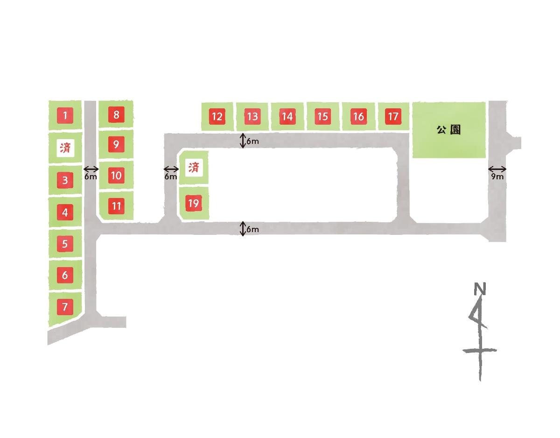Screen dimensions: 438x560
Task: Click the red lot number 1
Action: point(65,115)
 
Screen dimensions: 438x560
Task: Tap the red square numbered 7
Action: point(65,307)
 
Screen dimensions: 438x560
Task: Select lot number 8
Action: point(116,114)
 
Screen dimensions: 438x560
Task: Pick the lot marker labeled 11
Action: point(116,206)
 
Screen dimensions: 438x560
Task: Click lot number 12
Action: point(217,116)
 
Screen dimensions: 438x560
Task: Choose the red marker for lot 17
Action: point(393,116)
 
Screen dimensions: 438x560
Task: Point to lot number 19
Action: point(194,203)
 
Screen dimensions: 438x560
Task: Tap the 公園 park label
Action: point(448,130)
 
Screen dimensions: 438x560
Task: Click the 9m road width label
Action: point(497,177)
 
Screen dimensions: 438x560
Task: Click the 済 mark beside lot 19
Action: point(193,167)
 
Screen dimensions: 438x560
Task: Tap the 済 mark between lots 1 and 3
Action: point(65,148)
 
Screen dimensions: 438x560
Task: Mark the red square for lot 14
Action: point(287,116)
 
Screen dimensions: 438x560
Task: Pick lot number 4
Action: point(65,212)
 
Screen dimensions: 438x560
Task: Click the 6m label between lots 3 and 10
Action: point(91,177)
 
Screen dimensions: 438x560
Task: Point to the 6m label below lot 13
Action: point(252,141)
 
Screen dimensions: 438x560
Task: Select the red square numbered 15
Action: point(322,116)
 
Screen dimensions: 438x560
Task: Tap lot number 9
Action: point(116,145)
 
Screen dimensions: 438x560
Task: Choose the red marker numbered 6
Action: point(65,275)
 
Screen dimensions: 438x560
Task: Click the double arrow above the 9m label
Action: point(497,169)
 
